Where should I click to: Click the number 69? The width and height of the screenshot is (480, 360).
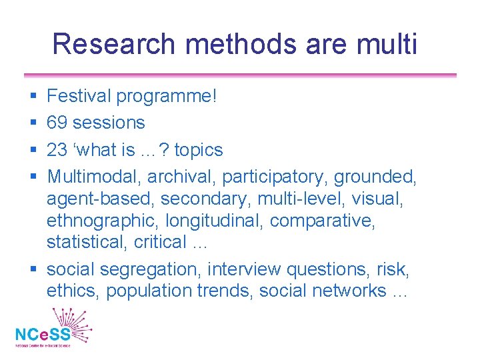(x=57, y=123)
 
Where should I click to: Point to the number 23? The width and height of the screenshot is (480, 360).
(x=57, y=149)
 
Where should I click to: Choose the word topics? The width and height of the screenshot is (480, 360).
(x=199, y=149)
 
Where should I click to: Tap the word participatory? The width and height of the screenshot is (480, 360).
(x=275, y=177)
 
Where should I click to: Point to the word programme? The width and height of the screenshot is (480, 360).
(x=167, y=97)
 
